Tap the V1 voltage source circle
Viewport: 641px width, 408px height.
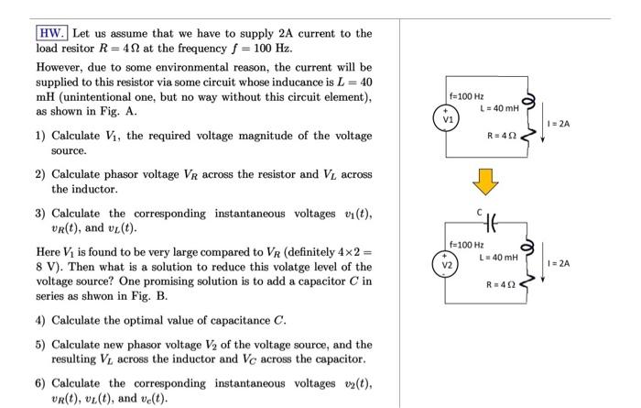tap(447, 119)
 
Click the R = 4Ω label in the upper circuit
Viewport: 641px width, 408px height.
tap(505, 137)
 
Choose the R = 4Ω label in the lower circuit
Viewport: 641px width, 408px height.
tap(505, 285)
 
